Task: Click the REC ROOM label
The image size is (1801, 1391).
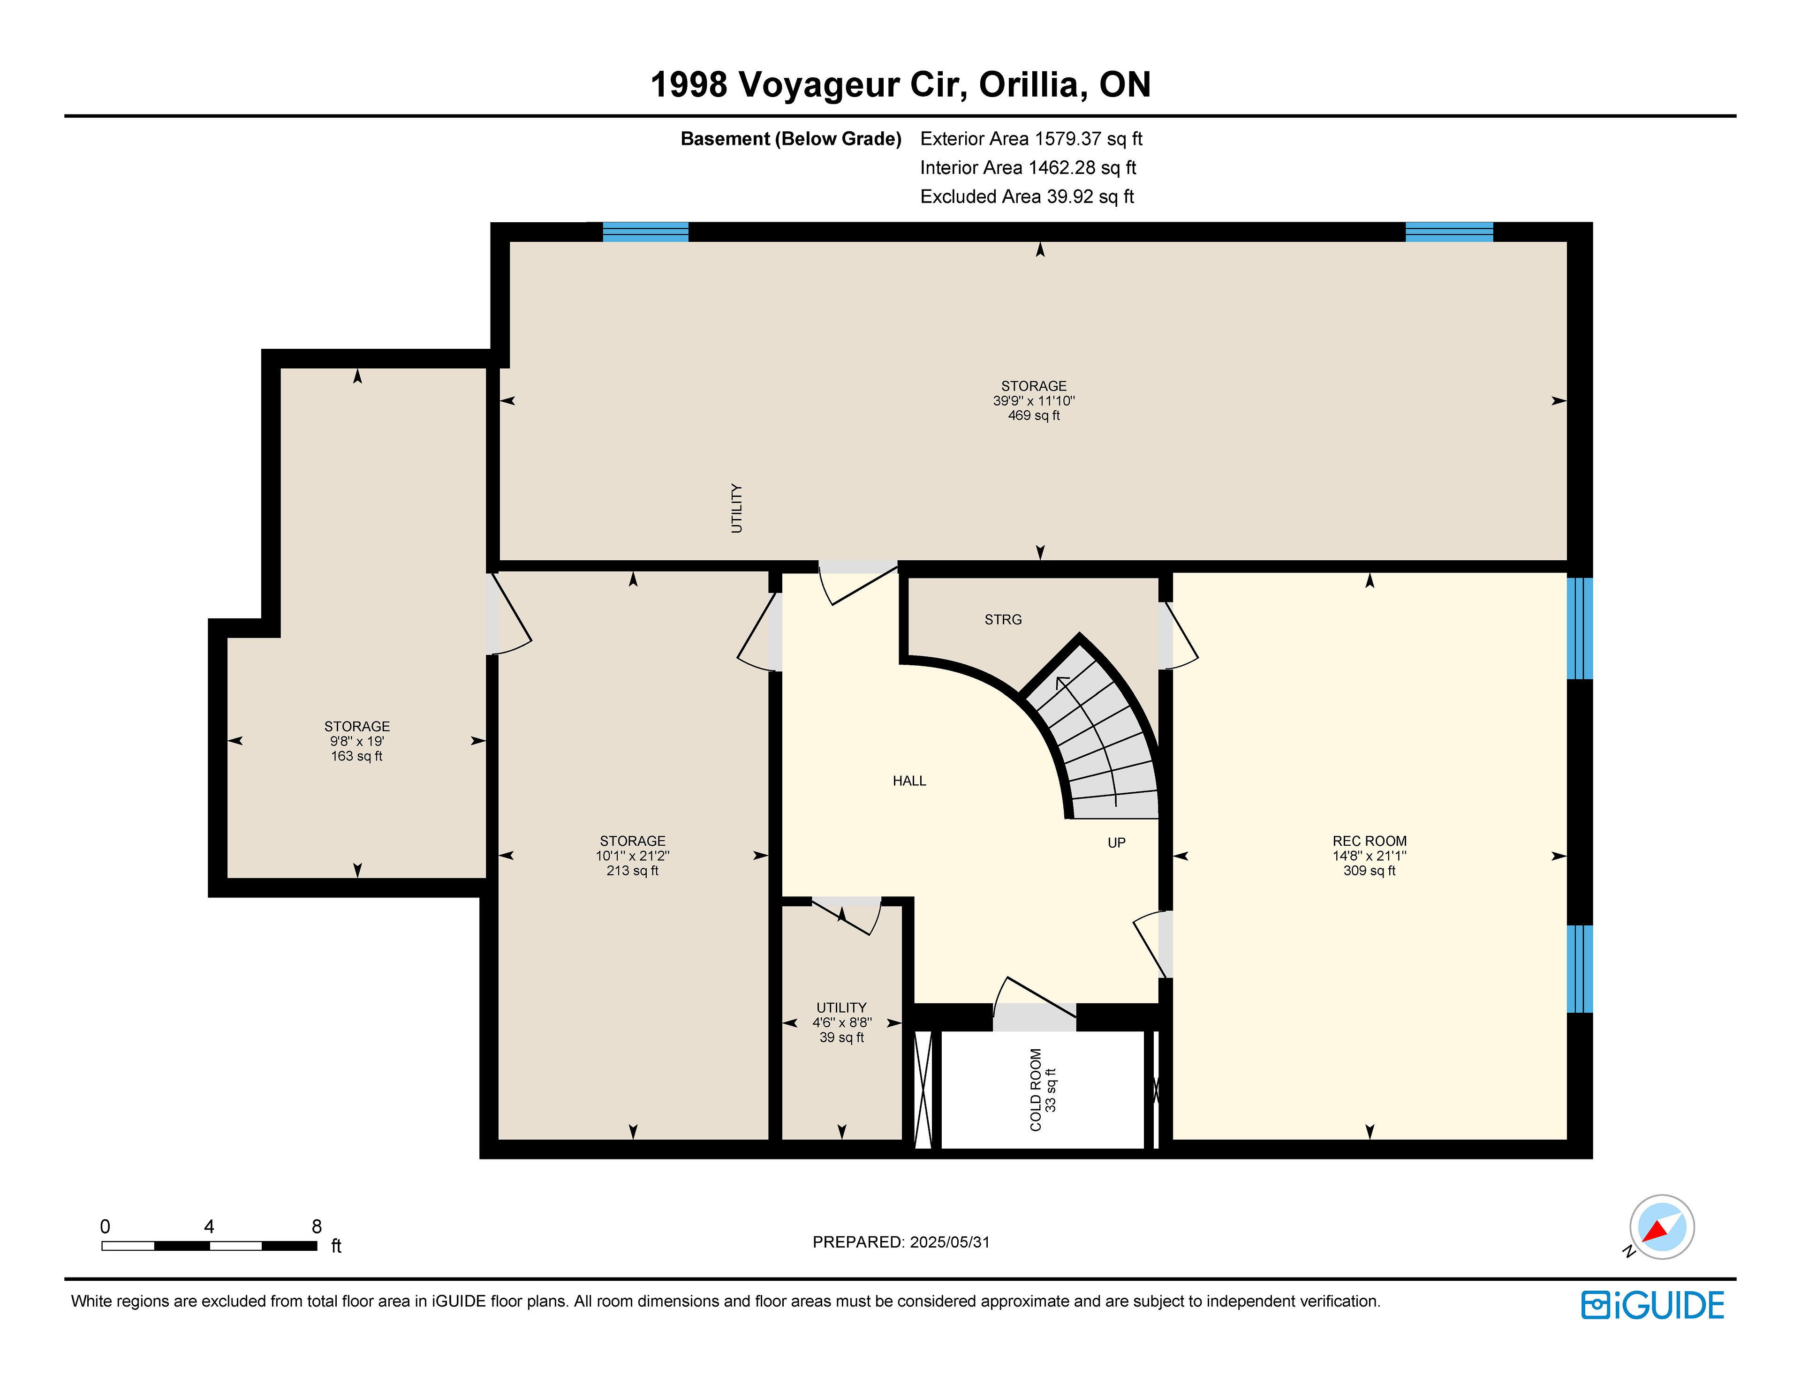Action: [x=1369, y=841]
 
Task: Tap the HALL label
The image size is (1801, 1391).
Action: [x=909, y=781]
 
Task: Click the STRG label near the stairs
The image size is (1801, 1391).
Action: [x=1003, y=619]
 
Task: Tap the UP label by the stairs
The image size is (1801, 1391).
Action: [x=1117, y=842]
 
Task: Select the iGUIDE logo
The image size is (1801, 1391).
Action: [x=1653, y=1305]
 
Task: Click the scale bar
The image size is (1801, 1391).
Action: [x=210, y=1246]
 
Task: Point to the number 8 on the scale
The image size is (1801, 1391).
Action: [x=317, y=1227]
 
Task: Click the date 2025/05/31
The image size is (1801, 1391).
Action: [x=948, y=1242]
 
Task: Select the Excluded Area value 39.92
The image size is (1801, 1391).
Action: [x=1070, y=196]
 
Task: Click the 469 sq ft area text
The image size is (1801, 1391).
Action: [x=1033, y=415]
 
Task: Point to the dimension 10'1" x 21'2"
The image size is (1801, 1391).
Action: [x=633, y=856]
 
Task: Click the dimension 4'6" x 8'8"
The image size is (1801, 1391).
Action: [x=841, y=1023]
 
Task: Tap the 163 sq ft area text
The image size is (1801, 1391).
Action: [x=356, y=756]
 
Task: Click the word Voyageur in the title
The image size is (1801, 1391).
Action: [x=851, y=85]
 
